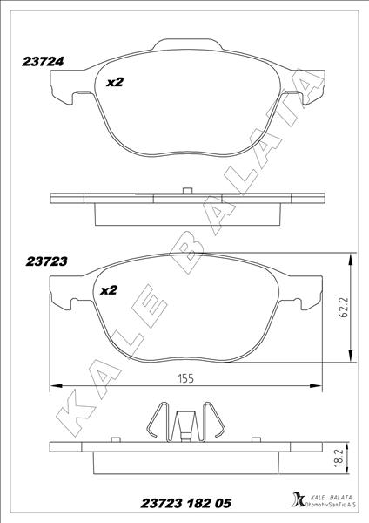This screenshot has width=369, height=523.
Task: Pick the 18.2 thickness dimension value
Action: click(x=345, y=462)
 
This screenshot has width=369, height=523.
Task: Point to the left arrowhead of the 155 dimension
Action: click(x=55, y=385)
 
